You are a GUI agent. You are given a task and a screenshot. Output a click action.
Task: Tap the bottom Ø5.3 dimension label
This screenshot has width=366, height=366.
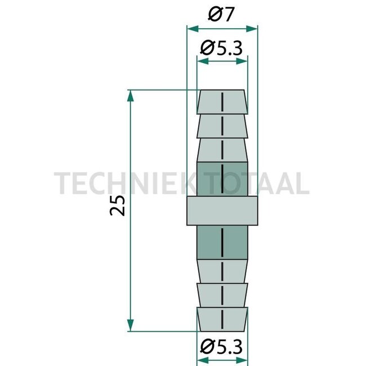(x=222, y=345)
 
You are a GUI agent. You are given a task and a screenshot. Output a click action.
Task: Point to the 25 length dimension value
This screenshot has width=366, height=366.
(x=117, y=207)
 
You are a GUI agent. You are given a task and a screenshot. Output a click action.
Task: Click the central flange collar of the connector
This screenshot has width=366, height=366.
(x=222, y=211)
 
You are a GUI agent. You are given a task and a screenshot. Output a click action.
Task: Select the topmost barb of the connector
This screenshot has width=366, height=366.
(x=222, y=102)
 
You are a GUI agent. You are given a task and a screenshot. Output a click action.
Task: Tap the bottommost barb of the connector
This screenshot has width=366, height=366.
(x=222, y=319)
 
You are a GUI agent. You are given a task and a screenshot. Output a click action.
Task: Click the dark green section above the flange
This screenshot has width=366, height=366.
(x=222, y=180)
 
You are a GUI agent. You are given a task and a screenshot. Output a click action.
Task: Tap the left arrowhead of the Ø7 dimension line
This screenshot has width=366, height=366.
(x=190, y=28)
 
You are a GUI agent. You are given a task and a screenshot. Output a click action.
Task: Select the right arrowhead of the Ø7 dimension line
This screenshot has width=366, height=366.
(x=253, y=28)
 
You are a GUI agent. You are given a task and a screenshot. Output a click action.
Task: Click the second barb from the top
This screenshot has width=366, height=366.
(x=222, y=126)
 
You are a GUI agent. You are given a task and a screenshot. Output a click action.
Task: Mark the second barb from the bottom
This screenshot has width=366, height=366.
(x=222, y=293)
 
